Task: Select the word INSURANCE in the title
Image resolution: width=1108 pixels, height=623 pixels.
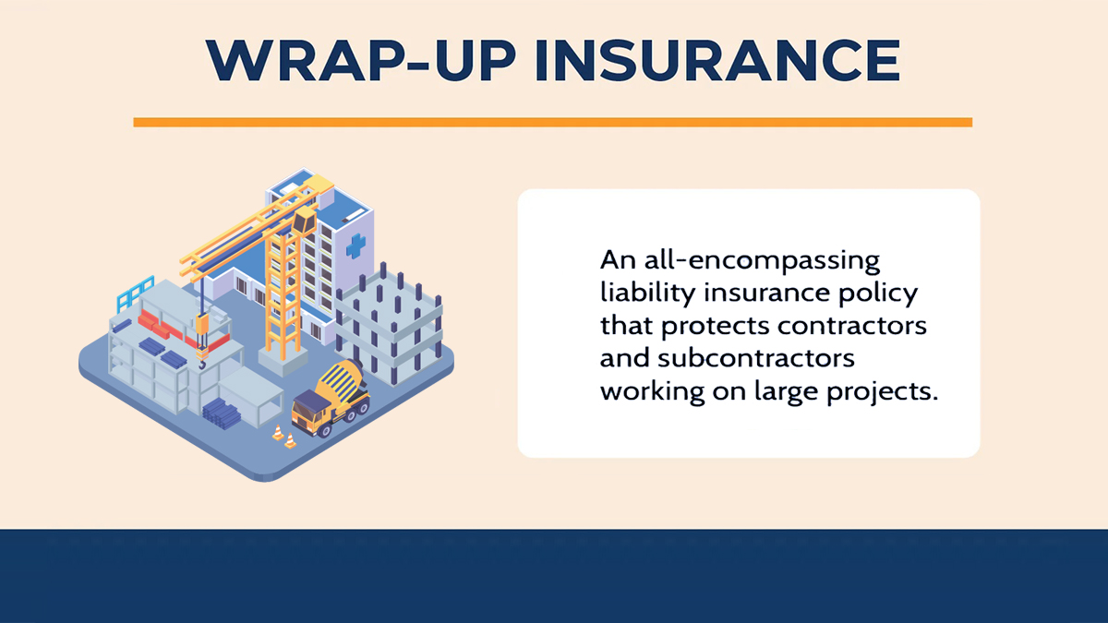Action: [x=717, y=60]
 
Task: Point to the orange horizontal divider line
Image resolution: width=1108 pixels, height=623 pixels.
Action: [x=552, y=122]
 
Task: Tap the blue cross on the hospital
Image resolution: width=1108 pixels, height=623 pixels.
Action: [x=355, y=246]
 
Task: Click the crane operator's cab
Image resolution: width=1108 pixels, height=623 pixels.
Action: [x=304, y=221]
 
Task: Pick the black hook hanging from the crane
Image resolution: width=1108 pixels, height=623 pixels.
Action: [x=202, y=365]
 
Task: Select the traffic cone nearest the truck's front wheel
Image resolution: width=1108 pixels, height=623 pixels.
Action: [x=290, y=440]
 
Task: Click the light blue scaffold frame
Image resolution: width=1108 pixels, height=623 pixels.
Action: [x=135, y=294]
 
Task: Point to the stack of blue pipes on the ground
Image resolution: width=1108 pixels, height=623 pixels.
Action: [x=222, y=413]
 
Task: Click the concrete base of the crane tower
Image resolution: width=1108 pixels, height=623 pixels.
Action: [x=283, y=360]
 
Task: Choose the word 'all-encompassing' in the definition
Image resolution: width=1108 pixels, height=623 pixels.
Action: [x=762, y=260]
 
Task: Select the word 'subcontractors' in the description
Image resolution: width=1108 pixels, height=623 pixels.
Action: [x=756, y=358]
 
